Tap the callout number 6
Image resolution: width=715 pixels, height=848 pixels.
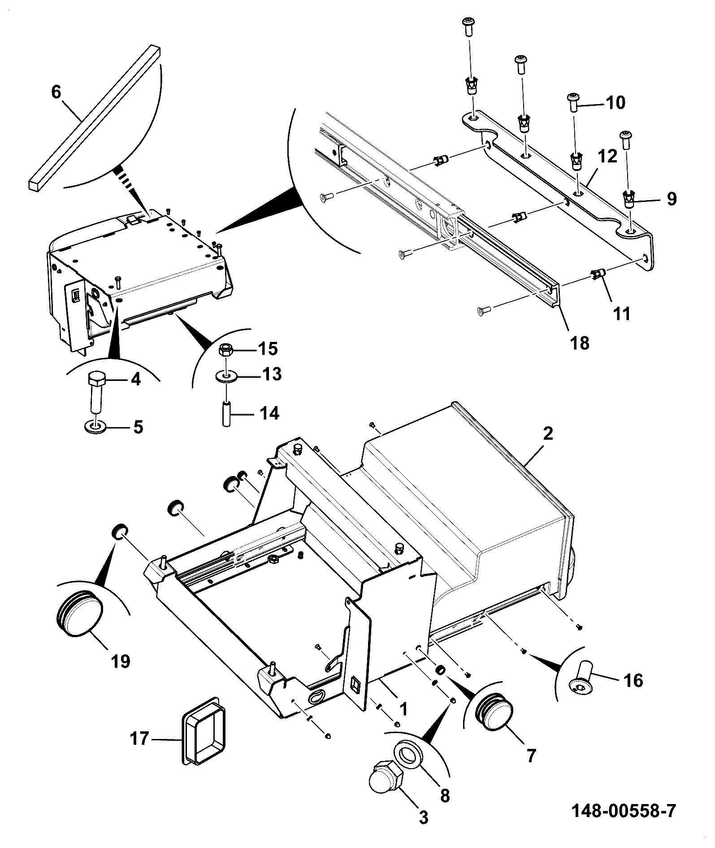[x=56, y=92]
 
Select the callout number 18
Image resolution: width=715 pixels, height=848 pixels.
[x=579, y=343]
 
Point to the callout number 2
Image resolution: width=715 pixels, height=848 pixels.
[x=547, y=433]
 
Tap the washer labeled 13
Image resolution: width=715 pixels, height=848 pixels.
[x=226, y=375]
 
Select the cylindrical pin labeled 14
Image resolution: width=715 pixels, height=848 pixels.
[x=226, y=413]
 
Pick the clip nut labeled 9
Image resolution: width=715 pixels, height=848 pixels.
[x=630, y=199]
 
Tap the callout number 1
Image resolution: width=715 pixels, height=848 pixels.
[x=403, y=708]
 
